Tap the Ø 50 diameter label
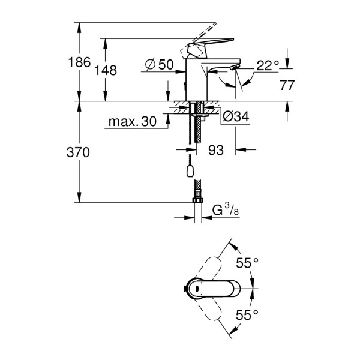tap(158, 64)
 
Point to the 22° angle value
tap(268, 66)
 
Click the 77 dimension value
tap(287, 85)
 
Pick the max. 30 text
tap(131, 122)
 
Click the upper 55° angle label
tap(247, 262)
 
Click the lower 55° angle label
tap(247, 314)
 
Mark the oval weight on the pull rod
tap(191, 172)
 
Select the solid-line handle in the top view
tap(207, 289)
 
